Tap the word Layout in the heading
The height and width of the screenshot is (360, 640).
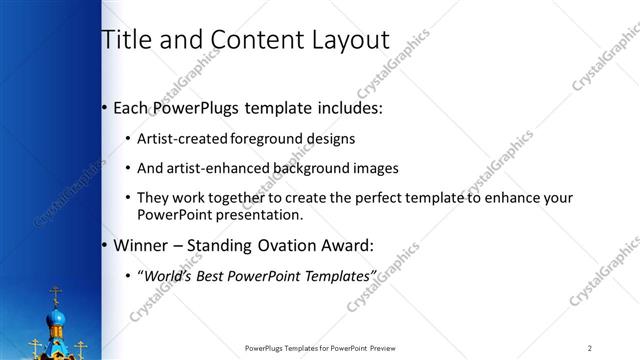(x=347, y=41)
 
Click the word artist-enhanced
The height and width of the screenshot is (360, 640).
(x=209, y=168)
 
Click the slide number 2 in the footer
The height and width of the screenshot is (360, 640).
(x=591, y=348)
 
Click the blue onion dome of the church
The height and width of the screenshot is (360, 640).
(x=57, y=322)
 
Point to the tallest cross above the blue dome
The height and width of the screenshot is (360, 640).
(x=56, y=295)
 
